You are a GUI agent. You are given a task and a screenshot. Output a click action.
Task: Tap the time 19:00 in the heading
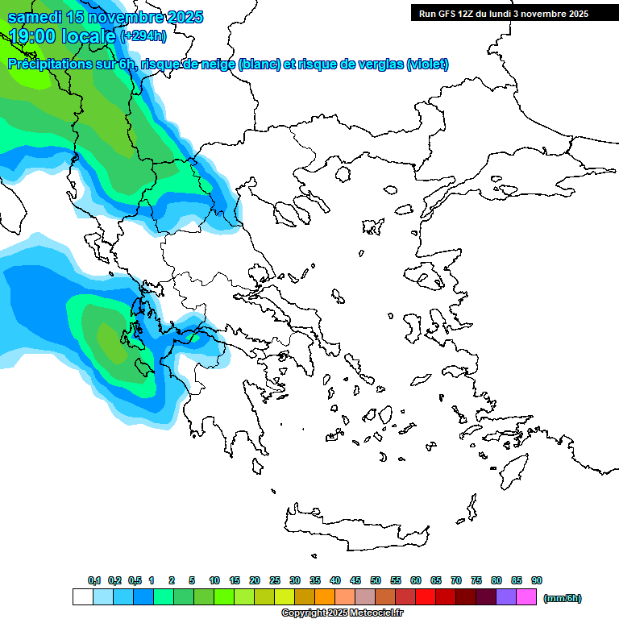[x=36, y=35]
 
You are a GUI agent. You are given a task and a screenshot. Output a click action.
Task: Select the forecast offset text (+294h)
[x=143, y=35]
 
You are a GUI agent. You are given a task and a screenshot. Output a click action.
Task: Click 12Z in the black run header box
[x=471, y=14]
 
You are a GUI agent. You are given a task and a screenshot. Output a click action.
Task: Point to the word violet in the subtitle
[x=427, y=64]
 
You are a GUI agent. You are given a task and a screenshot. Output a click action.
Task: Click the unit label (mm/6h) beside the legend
[x=562, y=598]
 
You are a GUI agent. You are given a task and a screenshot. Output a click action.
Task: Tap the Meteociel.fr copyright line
[x=342, y=613]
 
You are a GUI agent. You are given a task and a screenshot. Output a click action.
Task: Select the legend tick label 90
[x=537, y=580]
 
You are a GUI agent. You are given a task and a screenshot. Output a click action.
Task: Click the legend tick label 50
[x=376, y=580]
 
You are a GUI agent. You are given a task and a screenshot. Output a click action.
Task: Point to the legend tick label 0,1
[x=94, y=580]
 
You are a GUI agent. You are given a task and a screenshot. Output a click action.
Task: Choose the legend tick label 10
[x=214, y=580]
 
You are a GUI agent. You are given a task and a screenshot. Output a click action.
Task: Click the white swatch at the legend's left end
[x=82, y=597]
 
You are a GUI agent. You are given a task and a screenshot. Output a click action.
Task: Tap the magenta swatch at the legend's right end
[x=526, y=597]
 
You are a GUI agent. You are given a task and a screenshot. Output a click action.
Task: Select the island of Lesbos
[x=431, y=277]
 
